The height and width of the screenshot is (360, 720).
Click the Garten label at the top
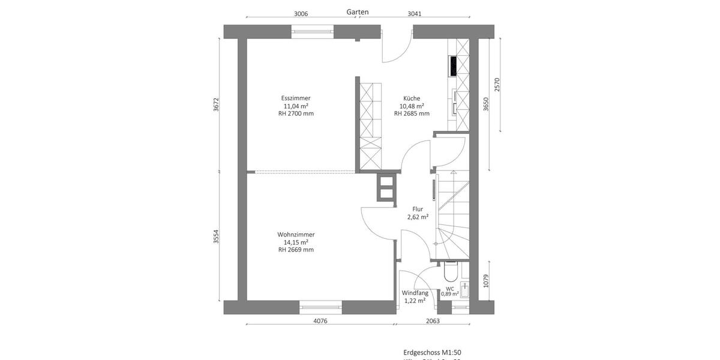point(358,12)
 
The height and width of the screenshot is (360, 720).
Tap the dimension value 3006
point(301,14)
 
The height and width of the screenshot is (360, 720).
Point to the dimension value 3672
point(217,104)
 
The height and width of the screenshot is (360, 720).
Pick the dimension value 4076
point(320,321)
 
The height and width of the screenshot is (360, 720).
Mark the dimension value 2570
point(496,85)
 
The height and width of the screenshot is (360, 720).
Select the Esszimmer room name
point(296,98)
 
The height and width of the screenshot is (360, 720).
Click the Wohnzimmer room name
point(296,235)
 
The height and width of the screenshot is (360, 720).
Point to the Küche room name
point(412,98)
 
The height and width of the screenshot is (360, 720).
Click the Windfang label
point(415,293)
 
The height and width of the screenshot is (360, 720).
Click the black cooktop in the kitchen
point(452,65)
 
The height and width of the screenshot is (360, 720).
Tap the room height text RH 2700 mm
point(296,113)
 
